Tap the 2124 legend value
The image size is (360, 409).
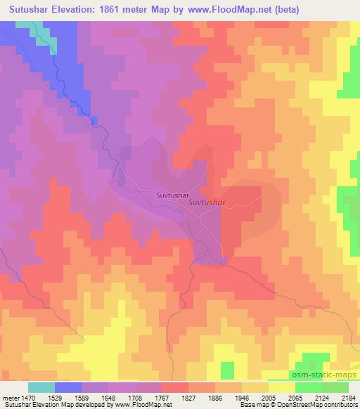click(321, 398)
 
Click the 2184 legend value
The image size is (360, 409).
click(348, 398)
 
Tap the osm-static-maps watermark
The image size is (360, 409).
click(324, 376)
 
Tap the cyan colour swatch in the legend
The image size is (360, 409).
click(41, 387)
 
